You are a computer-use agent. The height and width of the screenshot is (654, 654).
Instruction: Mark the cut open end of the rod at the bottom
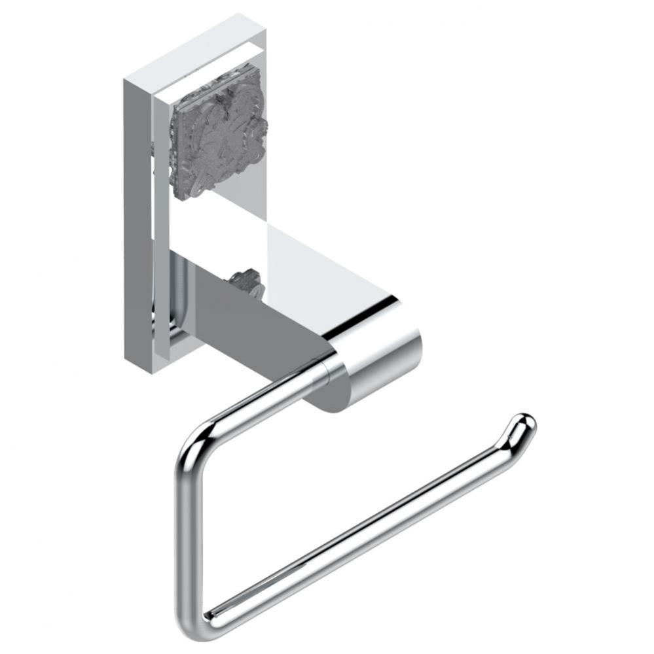(x=208, y=615)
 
